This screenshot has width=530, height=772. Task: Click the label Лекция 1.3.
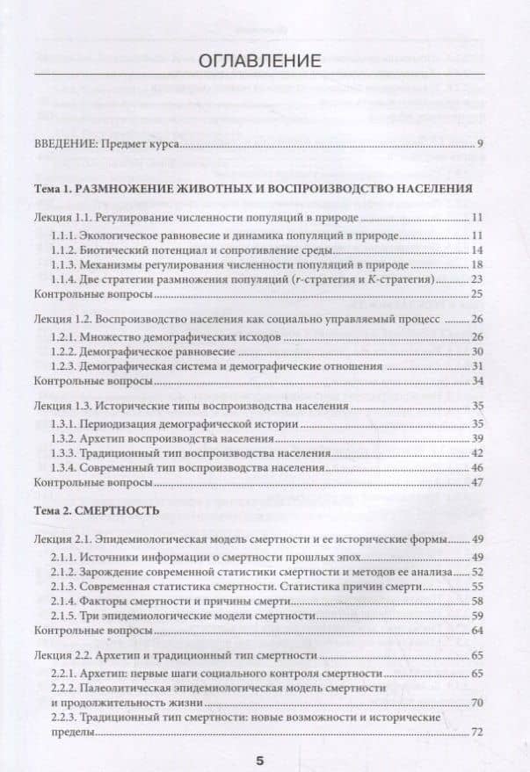[61, 408]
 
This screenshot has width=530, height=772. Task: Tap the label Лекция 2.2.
[61, 655]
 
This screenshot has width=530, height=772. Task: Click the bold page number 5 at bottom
[259, 760]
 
